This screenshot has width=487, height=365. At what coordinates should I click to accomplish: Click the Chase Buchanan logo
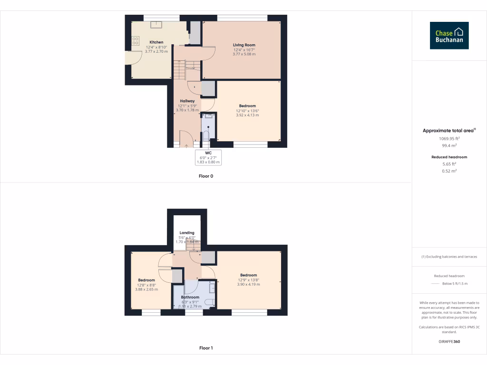point(449,35)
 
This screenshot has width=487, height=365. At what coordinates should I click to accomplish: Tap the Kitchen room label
point(156,42)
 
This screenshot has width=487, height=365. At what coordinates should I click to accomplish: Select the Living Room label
point(244,45)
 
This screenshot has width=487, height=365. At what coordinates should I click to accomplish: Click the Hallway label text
point(187,101)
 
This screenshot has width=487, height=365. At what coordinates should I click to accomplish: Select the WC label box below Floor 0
point(208,157)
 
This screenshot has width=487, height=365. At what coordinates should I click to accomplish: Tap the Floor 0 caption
point(206,176)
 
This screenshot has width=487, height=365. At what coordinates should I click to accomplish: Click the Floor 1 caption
point(206,348)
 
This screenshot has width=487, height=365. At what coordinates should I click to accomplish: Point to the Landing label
point(187,233)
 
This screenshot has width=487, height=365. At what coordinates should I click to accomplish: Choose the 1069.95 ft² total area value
point(449,138)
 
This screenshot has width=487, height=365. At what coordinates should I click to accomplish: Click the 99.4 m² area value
point(449,146)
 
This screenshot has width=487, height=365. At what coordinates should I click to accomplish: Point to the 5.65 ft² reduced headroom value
point(449,163)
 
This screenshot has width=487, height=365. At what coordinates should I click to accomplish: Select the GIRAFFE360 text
point(449,341)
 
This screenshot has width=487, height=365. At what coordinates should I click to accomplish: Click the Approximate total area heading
point(449,130)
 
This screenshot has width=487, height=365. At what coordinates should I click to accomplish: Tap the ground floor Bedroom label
point(247,106)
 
